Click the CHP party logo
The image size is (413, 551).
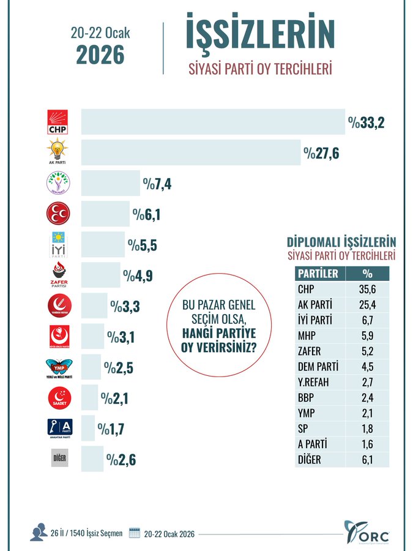tap(59, 122)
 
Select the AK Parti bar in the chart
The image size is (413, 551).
tap(190, 152)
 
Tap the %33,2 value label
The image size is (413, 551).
tap(366, 122)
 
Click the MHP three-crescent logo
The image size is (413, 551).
tap(59, 213)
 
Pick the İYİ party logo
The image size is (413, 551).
tap(59, 244)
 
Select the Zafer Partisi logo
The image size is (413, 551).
tap(59, 274)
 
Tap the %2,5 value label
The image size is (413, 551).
tap(119, 367)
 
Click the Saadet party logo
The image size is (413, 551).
tap(59, 398)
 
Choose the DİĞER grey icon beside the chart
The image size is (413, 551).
tap(59, 459)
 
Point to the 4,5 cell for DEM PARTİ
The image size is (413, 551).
tap(367, 367)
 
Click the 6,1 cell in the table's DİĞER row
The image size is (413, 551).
tap(367, 459)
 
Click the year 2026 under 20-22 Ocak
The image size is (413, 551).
tap(100, 54)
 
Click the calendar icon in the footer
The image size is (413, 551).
tap(135, 533)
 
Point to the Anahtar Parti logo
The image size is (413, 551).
tap(59, 428)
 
